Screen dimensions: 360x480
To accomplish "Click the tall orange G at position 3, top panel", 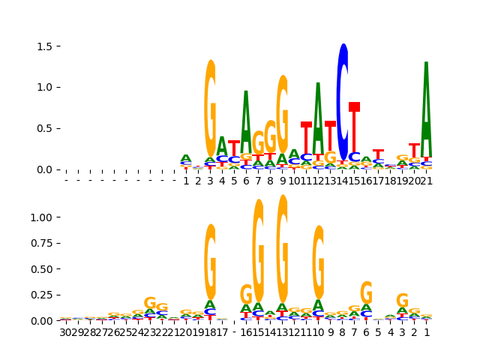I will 210,109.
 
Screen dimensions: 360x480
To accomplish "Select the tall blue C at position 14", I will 343,101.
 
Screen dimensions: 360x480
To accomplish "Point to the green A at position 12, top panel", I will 318,116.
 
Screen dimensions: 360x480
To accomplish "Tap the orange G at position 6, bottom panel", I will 366,292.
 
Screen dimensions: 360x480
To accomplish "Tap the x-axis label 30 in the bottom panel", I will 66,332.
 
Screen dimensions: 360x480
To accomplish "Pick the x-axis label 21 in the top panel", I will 427,181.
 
